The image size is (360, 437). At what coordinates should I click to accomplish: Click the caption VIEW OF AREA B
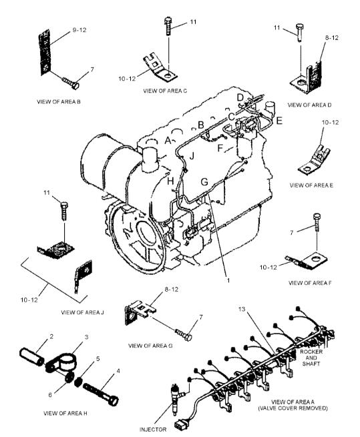59,101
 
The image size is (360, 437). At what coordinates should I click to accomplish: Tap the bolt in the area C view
168,26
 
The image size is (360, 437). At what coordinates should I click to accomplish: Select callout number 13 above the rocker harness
242,309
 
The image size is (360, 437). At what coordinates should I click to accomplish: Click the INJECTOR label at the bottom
153,430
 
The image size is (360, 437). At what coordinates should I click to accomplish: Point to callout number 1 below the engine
228,280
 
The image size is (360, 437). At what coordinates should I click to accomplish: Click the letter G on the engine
204,182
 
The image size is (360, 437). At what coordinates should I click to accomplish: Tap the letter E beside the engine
279,121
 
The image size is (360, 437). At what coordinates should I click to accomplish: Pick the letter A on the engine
168,140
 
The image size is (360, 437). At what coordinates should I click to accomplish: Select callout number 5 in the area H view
98,358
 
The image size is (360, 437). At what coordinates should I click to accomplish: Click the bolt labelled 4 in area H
101,394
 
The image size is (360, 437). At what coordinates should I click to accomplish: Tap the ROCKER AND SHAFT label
311,358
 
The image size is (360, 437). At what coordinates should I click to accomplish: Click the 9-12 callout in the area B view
79,30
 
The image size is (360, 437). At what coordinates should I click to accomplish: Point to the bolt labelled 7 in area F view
317,222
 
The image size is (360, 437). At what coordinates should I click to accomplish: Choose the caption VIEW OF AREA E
311,185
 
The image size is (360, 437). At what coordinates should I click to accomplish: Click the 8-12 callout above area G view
172,290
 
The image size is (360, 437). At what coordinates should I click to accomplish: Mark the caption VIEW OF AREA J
82,312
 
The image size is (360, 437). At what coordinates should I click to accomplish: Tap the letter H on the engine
170,181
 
